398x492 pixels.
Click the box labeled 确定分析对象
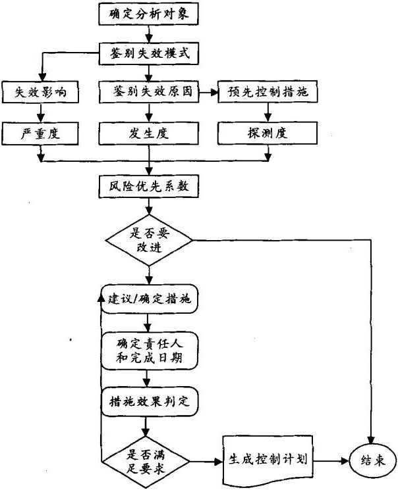click(150, 12)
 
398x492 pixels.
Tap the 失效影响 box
click(41, 93)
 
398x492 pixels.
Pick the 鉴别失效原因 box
click(150, 93)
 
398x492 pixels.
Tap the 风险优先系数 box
click(150, 186)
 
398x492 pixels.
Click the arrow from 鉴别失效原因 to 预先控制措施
click(209, 93)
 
